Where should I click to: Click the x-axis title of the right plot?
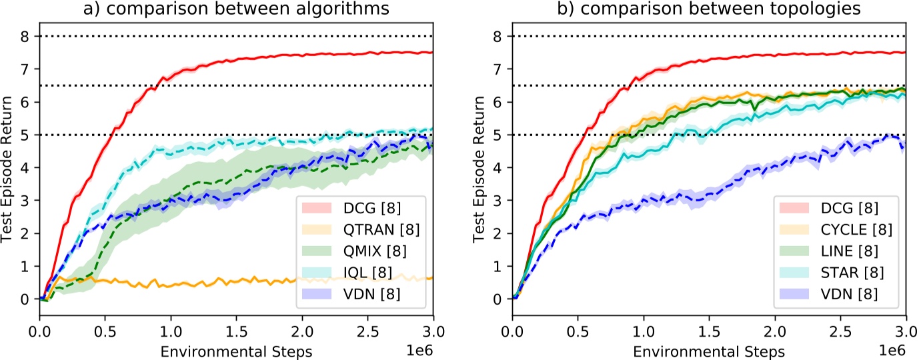coord(708,349)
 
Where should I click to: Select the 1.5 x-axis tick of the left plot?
coord(237,329)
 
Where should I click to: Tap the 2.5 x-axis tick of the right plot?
coord(840,329)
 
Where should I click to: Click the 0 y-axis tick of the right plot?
coord(498,299)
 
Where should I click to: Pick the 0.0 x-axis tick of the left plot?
coord(40,329)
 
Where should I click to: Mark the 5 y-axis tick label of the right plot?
coord(498,135)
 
